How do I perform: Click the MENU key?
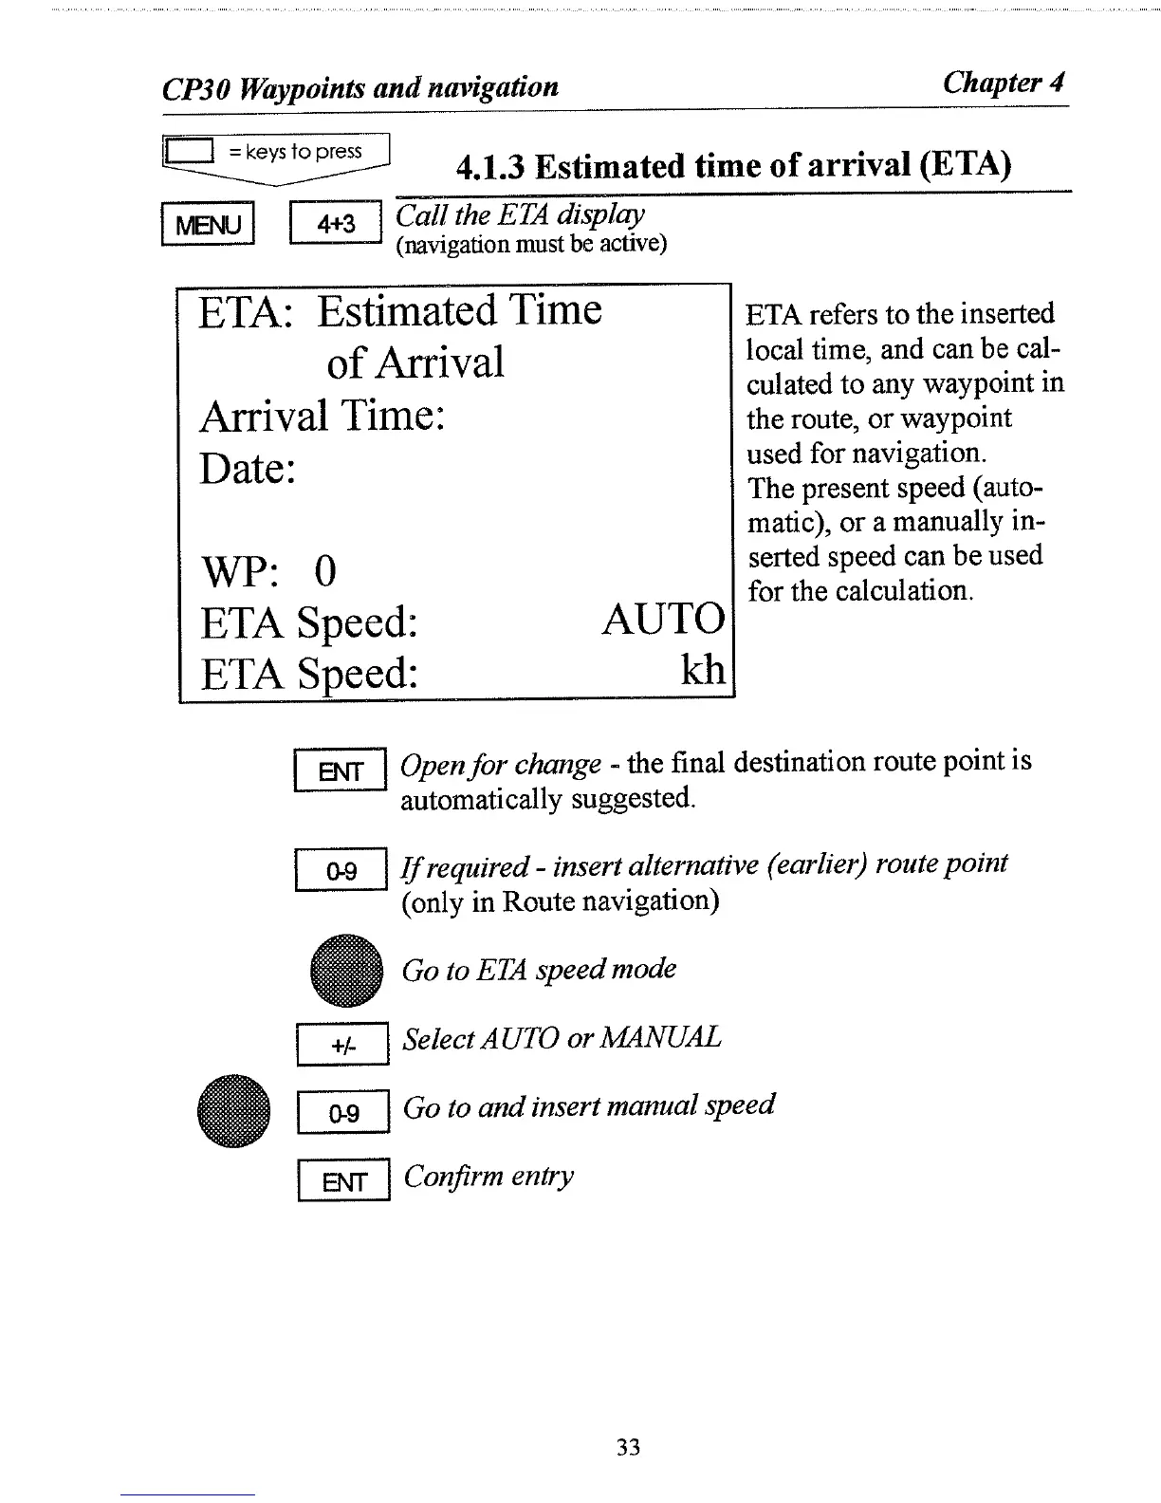[209, 225]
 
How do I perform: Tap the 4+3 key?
[336, 224]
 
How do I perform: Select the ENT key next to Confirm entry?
[343, 1181]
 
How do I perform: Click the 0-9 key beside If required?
[341, 870]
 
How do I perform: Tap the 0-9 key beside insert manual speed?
[343, 1112]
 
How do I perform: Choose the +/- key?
[342, 1045]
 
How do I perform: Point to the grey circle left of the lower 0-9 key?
[234, 1111]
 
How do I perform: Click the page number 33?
[628, 1447]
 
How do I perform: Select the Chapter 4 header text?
[1003, 83]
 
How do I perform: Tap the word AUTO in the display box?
[662, 620]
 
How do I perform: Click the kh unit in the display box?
[703, 670]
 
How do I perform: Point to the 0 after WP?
[324, 571]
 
